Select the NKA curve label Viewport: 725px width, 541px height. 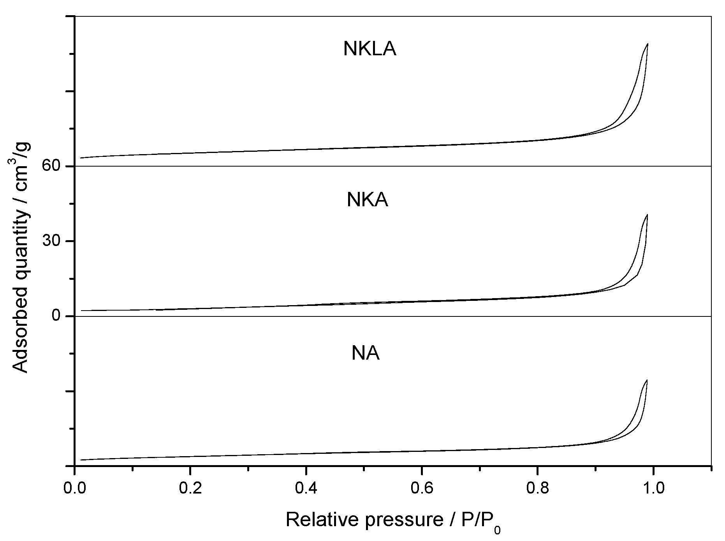(367, 200)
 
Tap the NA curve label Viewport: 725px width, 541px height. (365, 354)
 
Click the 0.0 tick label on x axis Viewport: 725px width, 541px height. (74, 487)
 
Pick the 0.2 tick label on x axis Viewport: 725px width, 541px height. (190, 487)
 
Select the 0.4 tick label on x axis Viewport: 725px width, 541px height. (306, 487)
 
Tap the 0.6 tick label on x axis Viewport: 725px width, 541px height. (422, 487)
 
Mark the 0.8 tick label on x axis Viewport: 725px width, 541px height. (538, 487)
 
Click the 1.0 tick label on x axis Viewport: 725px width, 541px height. (654, 487)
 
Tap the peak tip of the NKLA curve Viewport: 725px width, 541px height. (648, 44)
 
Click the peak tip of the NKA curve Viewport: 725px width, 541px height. (647, 214)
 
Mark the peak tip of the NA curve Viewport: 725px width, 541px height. (647, 380)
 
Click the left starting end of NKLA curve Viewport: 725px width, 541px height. (81, 158)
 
